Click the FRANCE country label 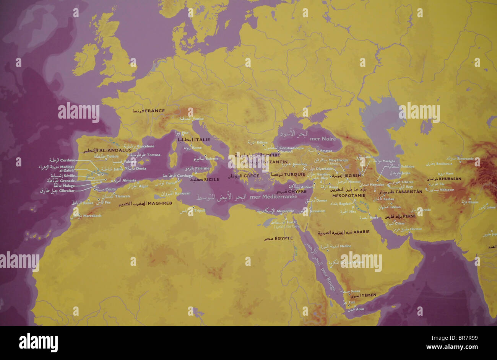155,111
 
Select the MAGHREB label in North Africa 160,203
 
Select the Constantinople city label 291,148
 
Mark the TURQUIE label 295,174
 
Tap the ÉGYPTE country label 283,238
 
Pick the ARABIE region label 361,232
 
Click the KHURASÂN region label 450,179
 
